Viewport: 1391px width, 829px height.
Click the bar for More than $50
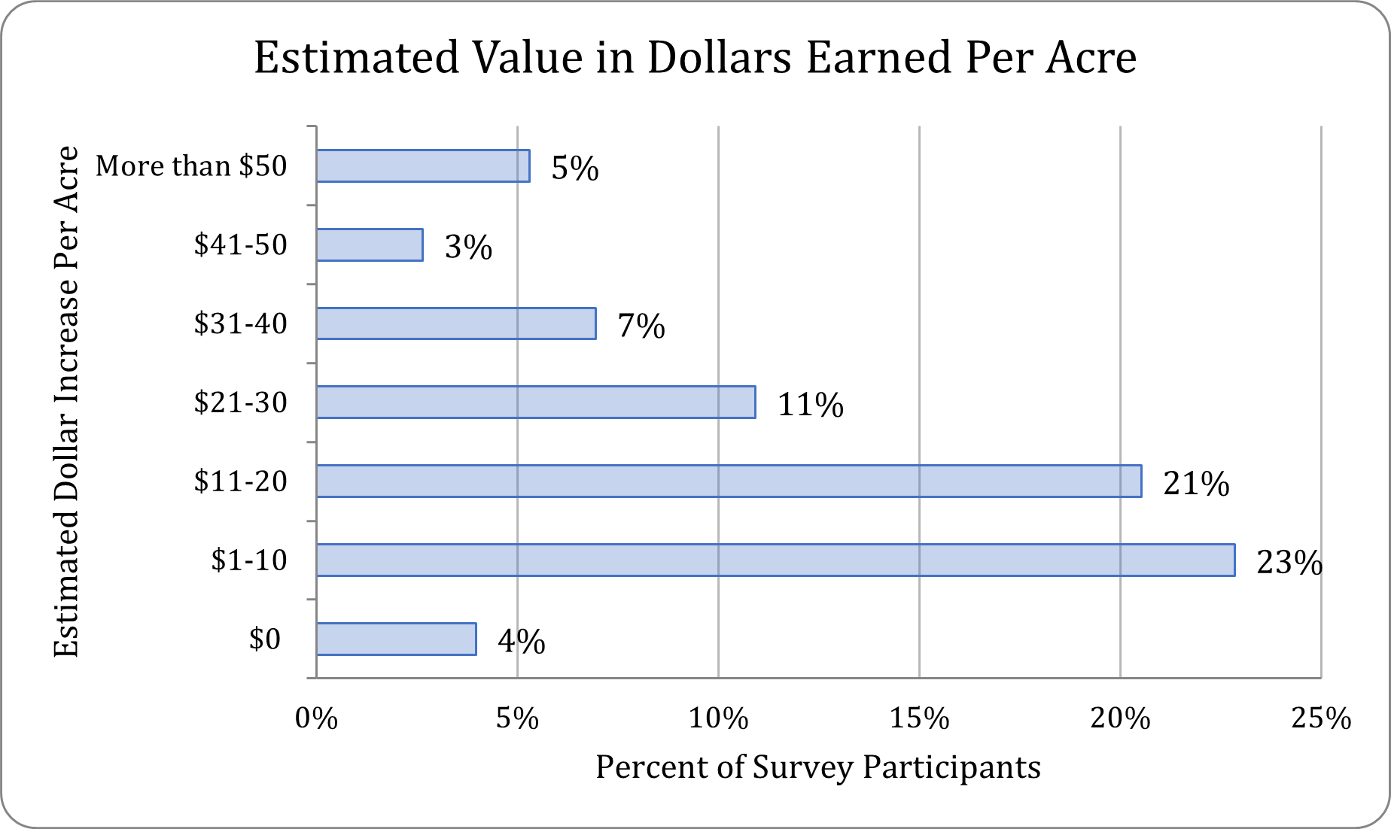pos(423,166)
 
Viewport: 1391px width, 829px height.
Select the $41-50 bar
pos(370,245)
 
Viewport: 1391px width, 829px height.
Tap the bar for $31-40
pos(456,323)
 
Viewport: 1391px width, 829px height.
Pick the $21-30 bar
pos(536,402)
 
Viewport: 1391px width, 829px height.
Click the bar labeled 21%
pos(729,481)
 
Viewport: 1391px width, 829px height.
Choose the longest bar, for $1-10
pos(775,560)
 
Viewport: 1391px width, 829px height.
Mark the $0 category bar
pos(396,639)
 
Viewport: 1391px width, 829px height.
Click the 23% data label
pos(1289,563)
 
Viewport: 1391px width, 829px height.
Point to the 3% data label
pos(468,247)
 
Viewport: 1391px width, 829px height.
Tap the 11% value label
pos(810,405)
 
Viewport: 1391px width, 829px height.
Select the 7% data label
pos(641,326)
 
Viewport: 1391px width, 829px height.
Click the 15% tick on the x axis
pos(919,719)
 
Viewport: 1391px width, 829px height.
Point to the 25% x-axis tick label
pos(1321,719)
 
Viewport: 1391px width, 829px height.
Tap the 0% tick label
pos(316,719)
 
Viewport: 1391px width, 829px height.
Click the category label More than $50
pos(191,166)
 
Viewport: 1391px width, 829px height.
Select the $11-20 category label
pos(240,481)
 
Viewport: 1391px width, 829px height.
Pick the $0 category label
pos(264,639)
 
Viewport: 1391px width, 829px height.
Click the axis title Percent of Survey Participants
pos(818,767)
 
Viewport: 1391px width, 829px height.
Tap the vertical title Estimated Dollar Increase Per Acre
pos(66,402)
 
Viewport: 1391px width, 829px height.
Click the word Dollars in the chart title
pos(719,58)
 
